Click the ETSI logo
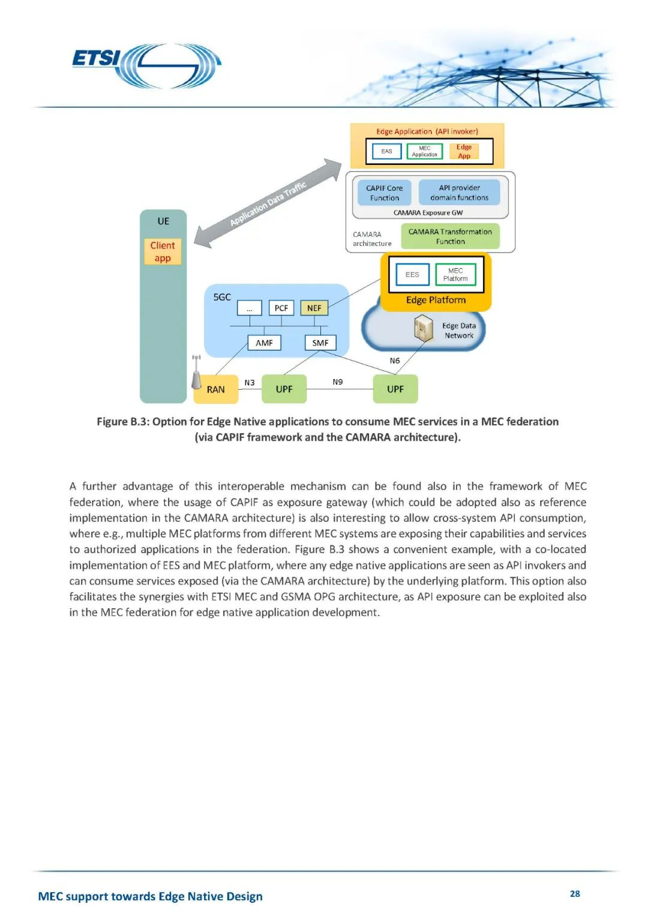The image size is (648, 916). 146,65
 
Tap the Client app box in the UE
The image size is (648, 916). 163,252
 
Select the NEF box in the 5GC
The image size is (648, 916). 314,308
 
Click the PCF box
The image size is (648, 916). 281,308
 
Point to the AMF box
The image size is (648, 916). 264,343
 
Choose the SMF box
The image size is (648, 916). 320,343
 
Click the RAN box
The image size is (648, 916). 216,389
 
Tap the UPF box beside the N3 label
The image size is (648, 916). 284,389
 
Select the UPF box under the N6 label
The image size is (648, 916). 395,389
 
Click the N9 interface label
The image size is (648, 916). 338,382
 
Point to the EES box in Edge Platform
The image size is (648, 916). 412,275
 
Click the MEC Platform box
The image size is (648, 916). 455,275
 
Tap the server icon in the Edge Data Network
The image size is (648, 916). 424,329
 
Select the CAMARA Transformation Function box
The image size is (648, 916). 450,236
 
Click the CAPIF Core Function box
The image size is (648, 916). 384,193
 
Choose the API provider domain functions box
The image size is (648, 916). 459,193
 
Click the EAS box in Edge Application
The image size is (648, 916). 386,151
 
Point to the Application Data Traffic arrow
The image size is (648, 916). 268,203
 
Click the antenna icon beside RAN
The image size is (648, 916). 196,373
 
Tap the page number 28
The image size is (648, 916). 574,894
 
